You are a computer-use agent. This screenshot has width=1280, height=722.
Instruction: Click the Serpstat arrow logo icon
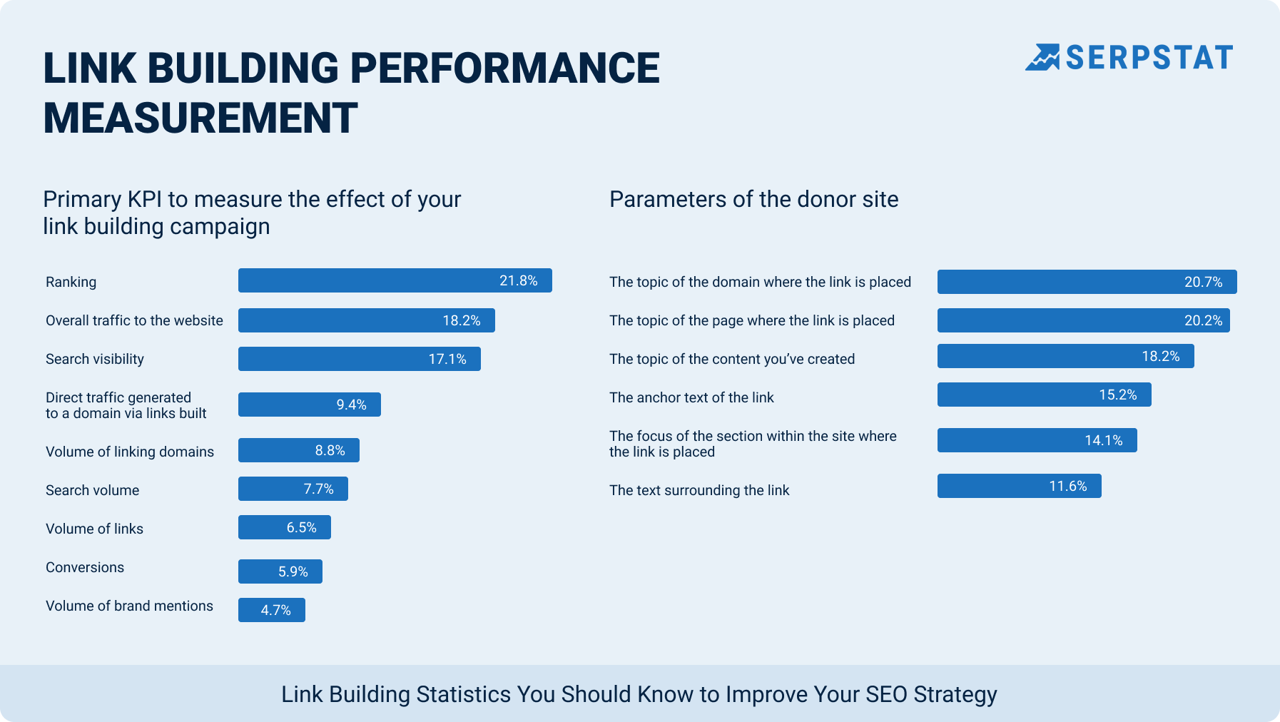(1042, 58)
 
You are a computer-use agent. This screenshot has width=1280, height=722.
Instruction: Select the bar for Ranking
(395, 280)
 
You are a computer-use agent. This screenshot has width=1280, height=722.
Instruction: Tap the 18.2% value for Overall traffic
(461, 321)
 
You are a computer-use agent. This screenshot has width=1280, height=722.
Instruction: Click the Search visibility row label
(95, 360)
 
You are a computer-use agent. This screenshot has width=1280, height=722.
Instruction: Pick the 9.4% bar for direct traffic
(309, 405)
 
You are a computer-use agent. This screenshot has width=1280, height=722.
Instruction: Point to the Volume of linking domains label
(130, 452)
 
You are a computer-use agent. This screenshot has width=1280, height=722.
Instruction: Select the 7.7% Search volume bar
(293, 489)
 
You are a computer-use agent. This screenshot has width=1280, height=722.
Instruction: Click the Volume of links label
(94, 529)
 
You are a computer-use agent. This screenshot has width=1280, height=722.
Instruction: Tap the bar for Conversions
(280, 571)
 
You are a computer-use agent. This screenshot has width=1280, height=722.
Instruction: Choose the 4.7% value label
(275, 611)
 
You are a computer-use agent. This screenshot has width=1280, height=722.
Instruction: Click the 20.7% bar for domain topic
(1086, 282)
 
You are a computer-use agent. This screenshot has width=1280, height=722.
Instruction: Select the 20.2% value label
(1203, 321)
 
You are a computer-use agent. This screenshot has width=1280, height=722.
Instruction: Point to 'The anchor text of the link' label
(691, 398)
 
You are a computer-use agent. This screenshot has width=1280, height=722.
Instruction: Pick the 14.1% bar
(1037, 440)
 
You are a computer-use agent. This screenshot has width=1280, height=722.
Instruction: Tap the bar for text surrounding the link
(1019, 486)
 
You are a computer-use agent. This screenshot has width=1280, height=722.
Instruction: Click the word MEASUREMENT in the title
(200, 118)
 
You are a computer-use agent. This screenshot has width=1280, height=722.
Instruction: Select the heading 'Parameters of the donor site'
(753, 200)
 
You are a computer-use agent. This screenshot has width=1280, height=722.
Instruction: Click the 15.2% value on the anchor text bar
(1117, 395)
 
